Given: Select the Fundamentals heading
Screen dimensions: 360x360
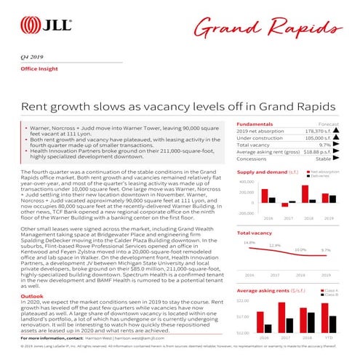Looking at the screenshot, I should (x=255, y=124).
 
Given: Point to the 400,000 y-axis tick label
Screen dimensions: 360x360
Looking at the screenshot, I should (x=246, y=182).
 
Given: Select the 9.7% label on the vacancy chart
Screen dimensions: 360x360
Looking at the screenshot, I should (x=326, y=250).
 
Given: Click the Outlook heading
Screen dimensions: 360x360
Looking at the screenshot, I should (x=33, y=297).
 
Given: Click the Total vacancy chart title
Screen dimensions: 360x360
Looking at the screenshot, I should (x=254, y=233).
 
